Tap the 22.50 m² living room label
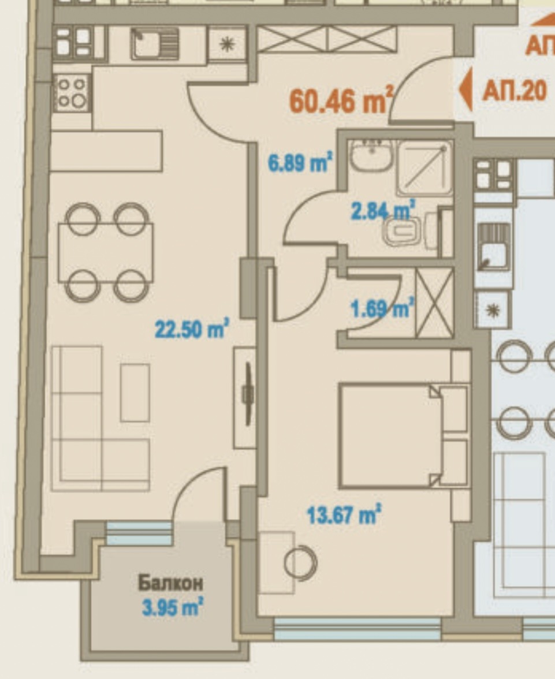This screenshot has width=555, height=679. click(192, 330)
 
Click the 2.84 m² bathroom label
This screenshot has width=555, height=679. click(383, 210)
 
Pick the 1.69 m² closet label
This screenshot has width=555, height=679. click(382, 308)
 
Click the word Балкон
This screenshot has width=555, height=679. click(170, 583)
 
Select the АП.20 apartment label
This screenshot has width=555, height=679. click(514, 91)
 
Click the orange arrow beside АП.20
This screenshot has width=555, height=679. click(465, 89)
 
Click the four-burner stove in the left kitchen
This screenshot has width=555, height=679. click(72, 92)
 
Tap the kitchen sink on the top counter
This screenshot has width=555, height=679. click(154, 44)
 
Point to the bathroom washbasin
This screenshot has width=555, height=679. click(371, 155)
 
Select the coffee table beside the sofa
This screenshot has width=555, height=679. click(135, 393)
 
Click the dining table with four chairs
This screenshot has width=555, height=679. click(106, 252)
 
